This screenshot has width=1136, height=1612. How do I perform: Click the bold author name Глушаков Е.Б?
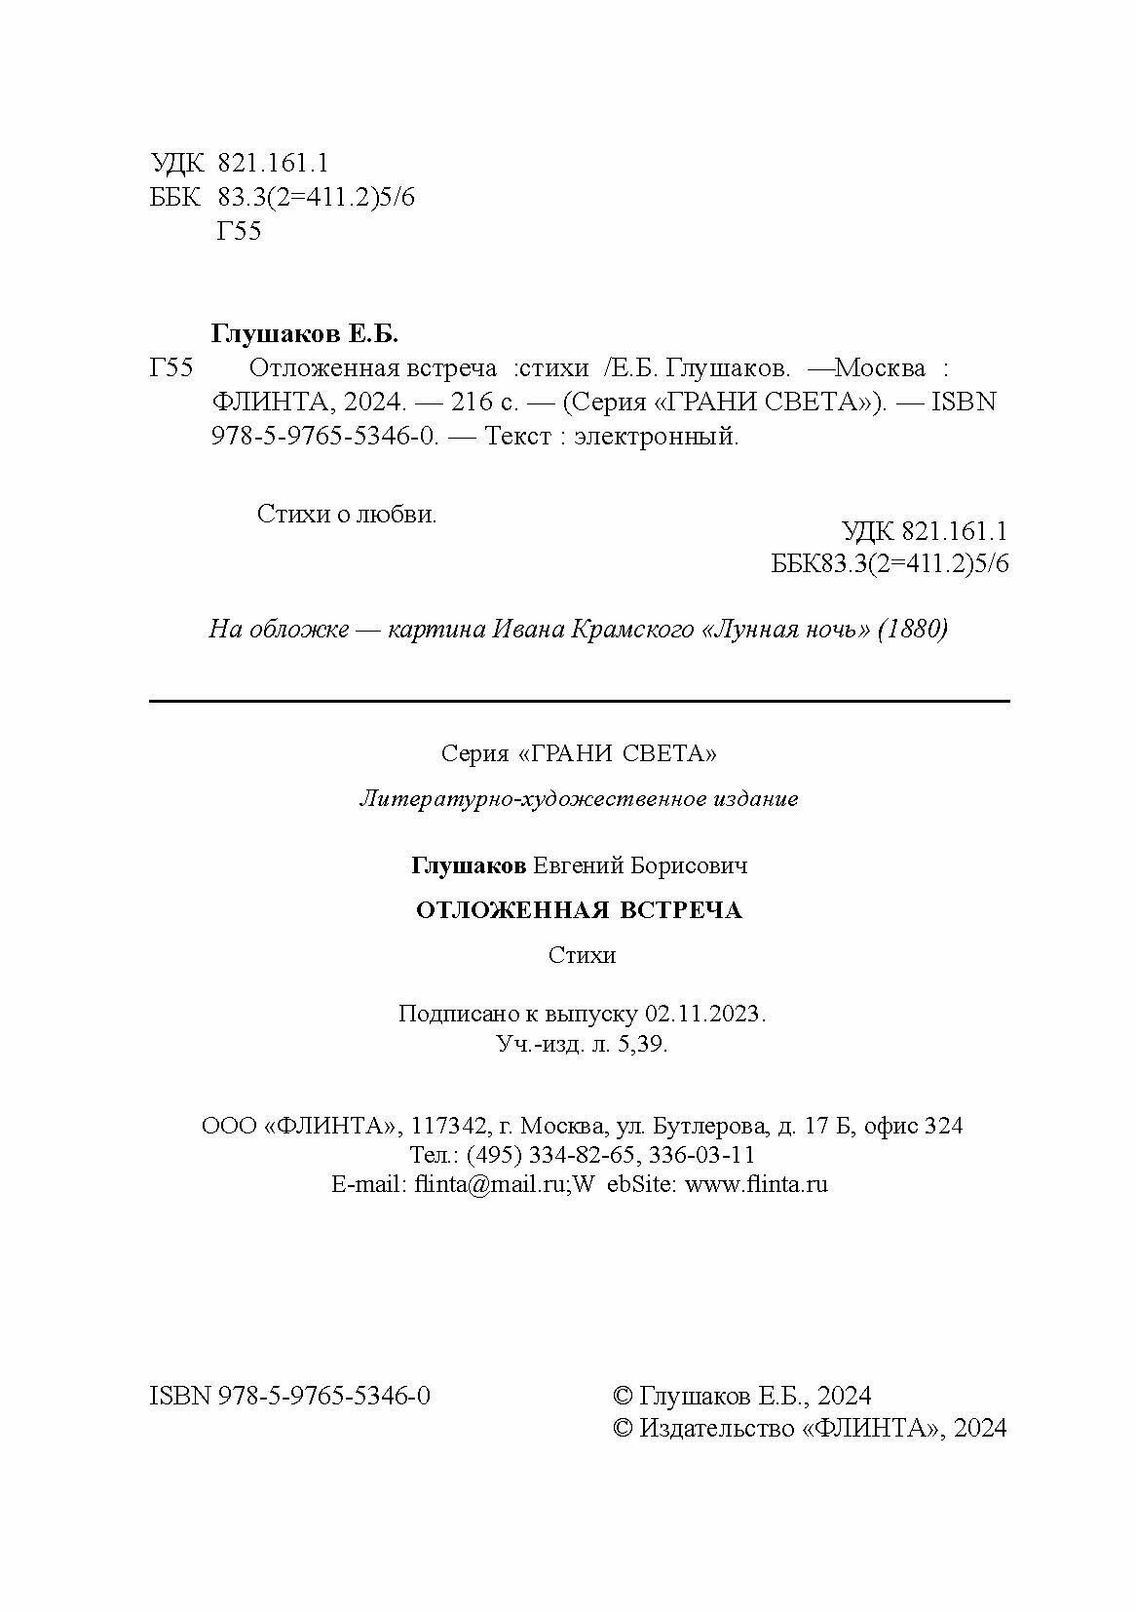[x=305, y=333]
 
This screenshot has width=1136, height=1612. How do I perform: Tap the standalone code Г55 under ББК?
[x=238, y=231]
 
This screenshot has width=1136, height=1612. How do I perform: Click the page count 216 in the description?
[x=472, y=402]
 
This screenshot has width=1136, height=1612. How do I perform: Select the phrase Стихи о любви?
[x=347, y=514]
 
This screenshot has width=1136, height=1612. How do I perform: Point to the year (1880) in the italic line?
[x=913, y=629]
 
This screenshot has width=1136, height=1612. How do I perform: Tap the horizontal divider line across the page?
[x=579, y=701]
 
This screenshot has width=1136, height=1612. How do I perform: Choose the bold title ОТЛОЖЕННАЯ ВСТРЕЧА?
[x=579, y=910]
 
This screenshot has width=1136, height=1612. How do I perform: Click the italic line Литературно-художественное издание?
[x=579, y=799]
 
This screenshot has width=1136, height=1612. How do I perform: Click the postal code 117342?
[x=449, y=1126]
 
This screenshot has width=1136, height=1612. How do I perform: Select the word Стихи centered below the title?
[x=582, y=954]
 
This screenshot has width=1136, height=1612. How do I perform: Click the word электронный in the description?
[x=656, y=436]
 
